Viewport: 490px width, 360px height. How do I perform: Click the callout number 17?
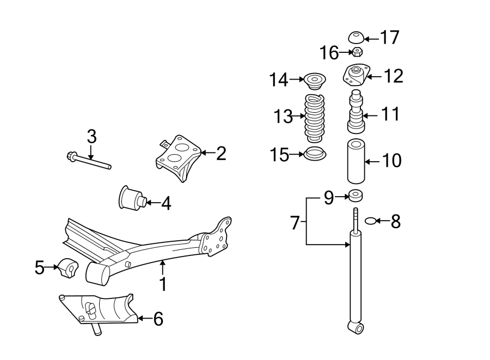click(390, 38)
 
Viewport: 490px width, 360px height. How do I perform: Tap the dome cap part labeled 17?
click(356, 38)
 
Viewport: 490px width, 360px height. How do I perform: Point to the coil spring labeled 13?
click(315, 117)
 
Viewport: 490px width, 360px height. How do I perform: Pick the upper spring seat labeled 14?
click(314, 81)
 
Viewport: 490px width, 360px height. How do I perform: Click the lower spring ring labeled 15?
click(315, 154)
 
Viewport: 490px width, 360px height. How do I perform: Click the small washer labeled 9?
click(356, 195)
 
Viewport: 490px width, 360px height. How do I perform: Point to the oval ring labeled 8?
click(369, 221)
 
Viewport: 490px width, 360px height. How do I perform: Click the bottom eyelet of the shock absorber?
click(355, 327)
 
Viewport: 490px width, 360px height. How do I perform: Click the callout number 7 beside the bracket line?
click(295, 222)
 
